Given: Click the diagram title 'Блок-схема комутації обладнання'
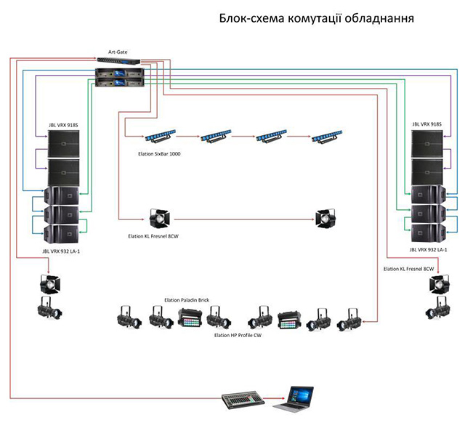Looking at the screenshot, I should pyautogui.click(x=317, y=18).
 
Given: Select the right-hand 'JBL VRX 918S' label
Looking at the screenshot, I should pyautogui.click(x=426, y=125).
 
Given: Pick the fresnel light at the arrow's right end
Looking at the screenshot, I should pyautogui.click(x=324, y=219).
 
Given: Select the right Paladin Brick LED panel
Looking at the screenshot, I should pyautogui.click(x=288, y=318).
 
